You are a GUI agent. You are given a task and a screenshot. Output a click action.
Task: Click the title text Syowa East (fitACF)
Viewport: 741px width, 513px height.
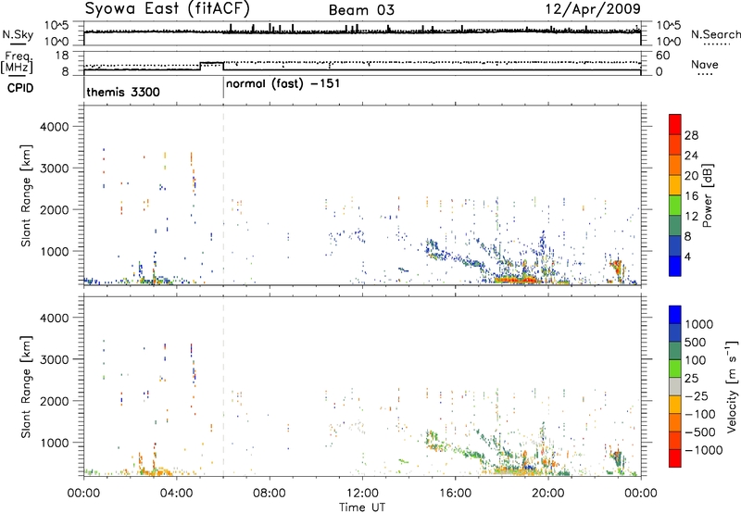pos(168,8)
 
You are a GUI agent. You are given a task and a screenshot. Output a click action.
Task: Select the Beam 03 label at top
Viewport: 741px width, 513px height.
pos(361,10)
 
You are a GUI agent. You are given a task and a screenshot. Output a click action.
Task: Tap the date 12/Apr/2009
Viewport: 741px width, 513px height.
pos(593,9)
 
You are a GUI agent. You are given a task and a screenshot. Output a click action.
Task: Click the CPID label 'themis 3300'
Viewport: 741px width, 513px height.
pos(123,92)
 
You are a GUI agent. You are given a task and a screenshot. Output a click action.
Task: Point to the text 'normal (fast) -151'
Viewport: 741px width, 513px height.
pos(283,84)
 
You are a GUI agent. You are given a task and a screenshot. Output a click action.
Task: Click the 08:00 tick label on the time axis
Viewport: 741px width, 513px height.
pos(270,494)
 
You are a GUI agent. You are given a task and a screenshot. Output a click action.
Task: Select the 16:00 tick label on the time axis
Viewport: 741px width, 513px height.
pos(455,494)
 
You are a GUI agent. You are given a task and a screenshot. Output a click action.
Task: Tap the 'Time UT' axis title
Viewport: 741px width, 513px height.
pos(362,507)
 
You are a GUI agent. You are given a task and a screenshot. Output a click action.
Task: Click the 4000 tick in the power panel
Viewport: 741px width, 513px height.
pos(54,127)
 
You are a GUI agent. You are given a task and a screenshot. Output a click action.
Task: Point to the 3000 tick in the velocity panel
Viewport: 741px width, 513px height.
pos(54,359)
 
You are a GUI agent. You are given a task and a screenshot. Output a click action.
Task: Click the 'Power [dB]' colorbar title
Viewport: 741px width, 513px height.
pos(707,195)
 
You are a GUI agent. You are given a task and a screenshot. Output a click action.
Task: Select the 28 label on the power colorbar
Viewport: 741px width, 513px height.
pos(691,135)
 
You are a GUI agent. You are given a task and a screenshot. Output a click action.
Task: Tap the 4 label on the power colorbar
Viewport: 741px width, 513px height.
pos(688,257)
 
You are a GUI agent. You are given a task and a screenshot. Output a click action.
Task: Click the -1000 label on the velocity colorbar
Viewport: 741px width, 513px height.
pos(704,450)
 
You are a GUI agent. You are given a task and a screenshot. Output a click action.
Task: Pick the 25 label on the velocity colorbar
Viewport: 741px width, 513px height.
pos(691,379)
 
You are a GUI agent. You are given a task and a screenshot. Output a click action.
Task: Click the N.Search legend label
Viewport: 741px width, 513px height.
pos(715,34)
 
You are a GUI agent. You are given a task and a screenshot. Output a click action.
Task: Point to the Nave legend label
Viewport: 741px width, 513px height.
pos(705,64)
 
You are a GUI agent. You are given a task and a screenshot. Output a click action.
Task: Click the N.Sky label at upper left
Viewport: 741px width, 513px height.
pos(18,34)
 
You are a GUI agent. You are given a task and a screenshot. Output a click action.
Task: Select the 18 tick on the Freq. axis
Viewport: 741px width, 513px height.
pos(62,56)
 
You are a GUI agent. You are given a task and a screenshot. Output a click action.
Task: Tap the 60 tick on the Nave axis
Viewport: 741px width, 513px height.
pos(663,56)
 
